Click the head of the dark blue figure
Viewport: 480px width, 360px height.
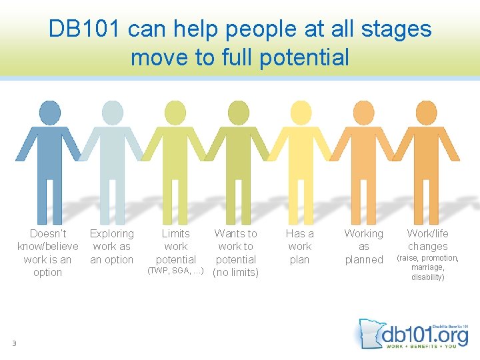tap(49, 111)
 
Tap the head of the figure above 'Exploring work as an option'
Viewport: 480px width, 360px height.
tap(111, 111)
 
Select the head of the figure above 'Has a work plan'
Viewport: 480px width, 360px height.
tap(300, 111)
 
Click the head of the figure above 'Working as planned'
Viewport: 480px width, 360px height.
tap(363, 111)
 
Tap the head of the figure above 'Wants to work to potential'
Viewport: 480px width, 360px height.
tap(237, 111)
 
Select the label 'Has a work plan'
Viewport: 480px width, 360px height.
tap(299, 246)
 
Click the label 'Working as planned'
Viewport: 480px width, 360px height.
tap(363, 246)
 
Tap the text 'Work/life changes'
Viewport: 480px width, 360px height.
tap(427, 239)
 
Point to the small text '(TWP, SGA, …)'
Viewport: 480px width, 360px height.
tap(175, 271)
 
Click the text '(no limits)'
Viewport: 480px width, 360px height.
tap(235, 272)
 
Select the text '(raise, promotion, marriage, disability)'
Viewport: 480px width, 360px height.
tap(427, 267)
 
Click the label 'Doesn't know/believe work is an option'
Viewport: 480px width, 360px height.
tap(47, 253)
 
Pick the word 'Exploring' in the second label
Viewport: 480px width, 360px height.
tap(111, 233)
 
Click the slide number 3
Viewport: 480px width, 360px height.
tap(13, 343)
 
